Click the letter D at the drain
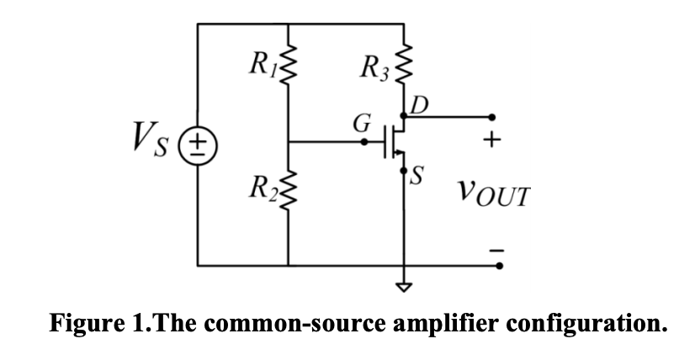[x=419, y=105]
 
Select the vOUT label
[x=495, y=198]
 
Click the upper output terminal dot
[x=494, y=117]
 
